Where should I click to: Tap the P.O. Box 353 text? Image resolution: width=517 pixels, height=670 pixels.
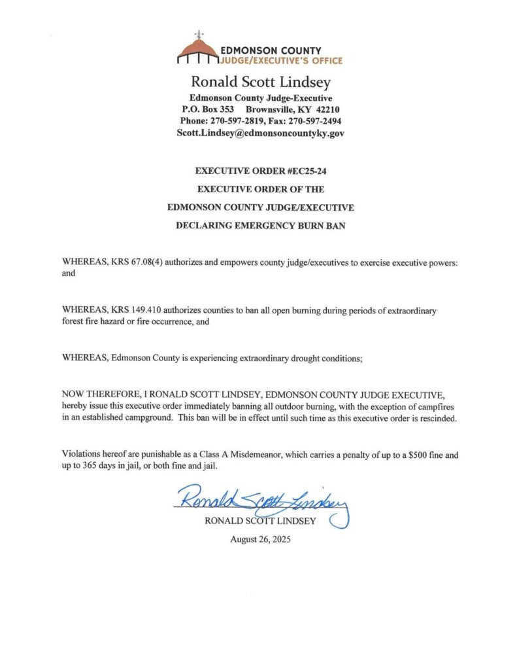pos(207,109)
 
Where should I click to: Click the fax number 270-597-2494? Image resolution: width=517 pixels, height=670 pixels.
pos(315,121)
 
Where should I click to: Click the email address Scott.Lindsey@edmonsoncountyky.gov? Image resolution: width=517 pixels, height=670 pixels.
pos(260,133)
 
